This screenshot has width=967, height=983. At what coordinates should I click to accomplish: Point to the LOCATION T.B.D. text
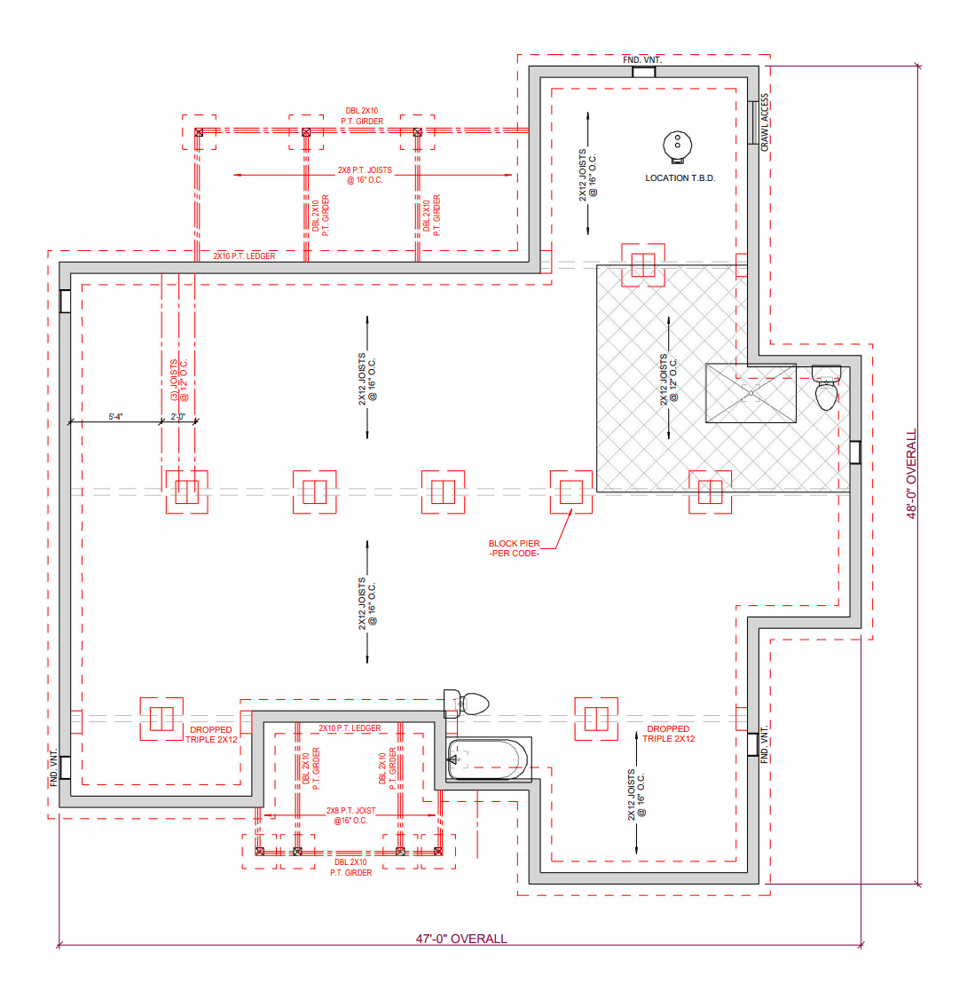pyautogui.click(x=680, y=178)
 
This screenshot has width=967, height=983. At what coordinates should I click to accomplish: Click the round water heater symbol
pyautogui.click(x=678, y=145)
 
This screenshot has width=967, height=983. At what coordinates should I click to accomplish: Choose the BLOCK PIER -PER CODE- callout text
pyautogui.click(x=514, y=548)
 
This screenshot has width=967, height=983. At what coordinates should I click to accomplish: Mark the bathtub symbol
pyautogui.click(x=487, y=760)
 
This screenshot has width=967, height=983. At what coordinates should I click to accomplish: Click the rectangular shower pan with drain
pyautogui.click(x=750, y=392)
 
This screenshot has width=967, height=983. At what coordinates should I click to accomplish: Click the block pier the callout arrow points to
pyautogui.click(x=571, y=492)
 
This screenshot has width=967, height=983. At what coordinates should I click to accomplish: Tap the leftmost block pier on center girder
pyautogui.click(x=186, y=492)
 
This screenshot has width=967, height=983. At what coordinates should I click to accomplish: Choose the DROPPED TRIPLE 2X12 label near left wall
pyautogui.click(x=211, y=734)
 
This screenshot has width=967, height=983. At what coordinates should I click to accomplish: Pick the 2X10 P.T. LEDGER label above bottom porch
pyautogui.click(x=350, y=728)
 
